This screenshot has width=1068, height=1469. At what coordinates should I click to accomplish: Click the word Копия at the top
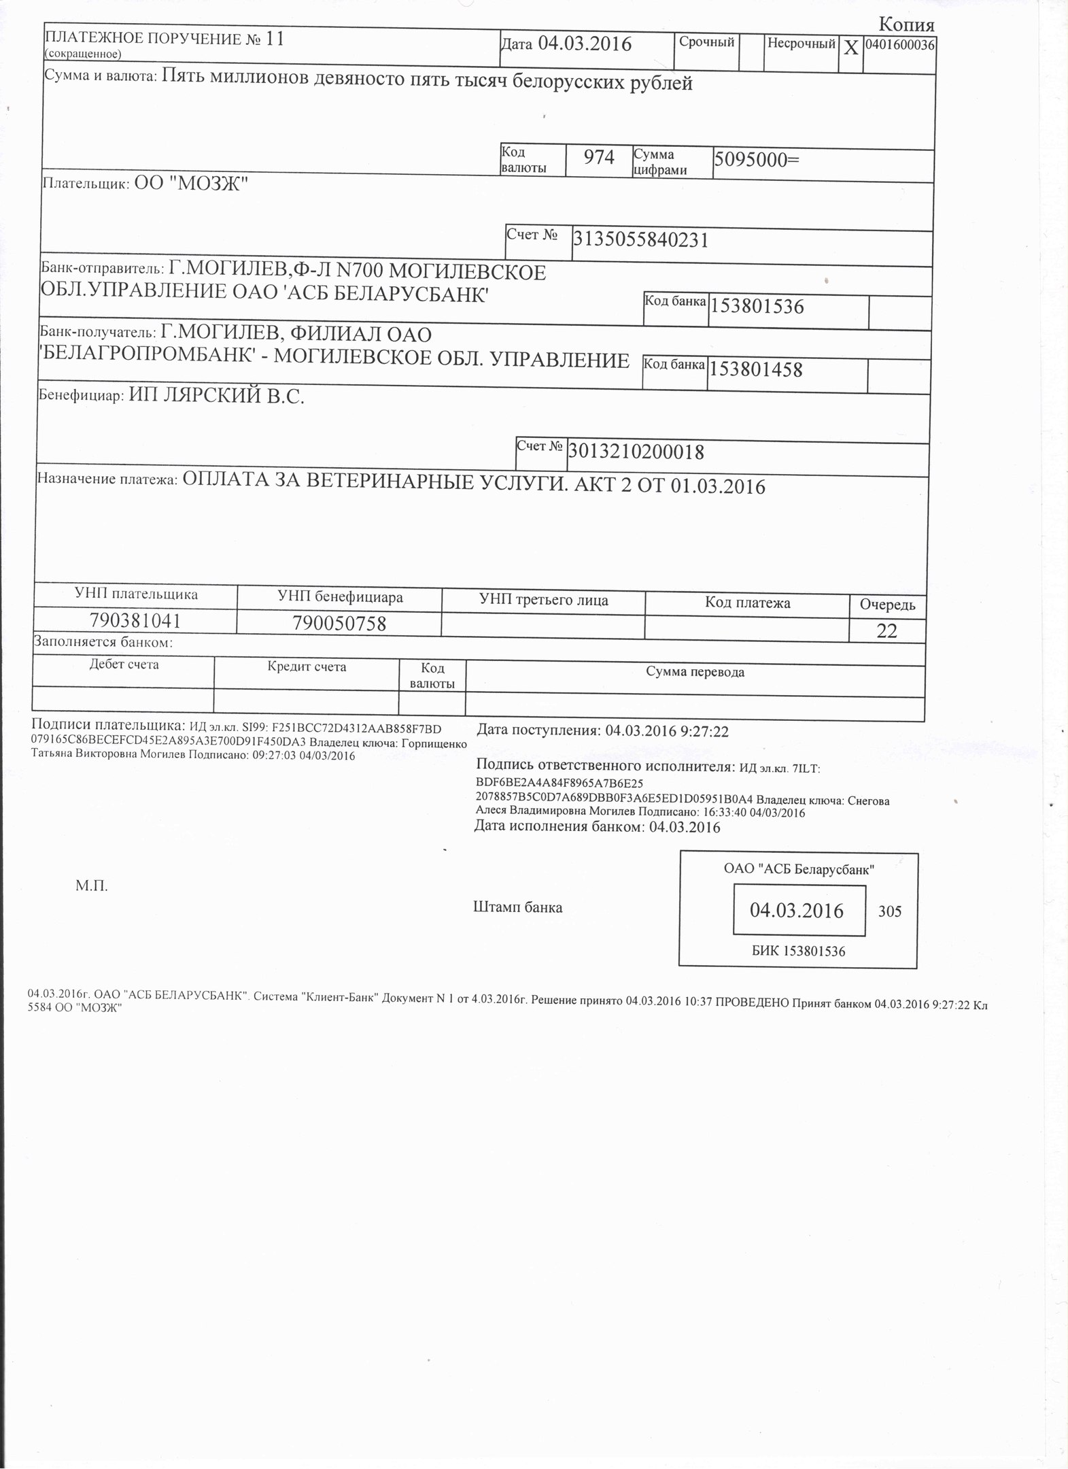tap(906, 25)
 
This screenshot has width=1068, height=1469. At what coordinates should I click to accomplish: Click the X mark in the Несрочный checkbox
tap(850, 48)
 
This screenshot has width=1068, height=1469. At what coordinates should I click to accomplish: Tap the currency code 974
tap(599, 158)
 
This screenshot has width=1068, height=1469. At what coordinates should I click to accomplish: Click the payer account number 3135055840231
tap(642, 239)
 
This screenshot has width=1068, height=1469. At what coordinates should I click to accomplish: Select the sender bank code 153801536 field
tap(757, 307)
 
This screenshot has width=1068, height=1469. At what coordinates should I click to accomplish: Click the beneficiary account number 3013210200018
tap(636, 452)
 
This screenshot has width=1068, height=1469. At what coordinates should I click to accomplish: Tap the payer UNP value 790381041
tap(135, 620)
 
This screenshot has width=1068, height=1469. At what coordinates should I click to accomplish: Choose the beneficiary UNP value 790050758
tap(339, 623)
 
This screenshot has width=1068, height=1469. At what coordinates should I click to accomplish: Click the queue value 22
tap(887, 631)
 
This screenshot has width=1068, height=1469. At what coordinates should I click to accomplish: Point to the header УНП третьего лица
tap(543, 601)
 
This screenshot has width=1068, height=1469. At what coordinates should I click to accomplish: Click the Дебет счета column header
tap(124, 664)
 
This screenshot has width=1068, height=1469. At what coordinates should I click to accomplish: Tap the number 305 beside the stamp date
tap(890, 911)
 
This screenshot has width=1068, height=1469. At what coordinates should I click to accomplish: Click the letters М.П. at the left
tap(92, 886)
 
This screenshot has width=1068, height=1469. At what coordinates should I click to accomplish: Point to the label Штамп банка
tap(517, 907)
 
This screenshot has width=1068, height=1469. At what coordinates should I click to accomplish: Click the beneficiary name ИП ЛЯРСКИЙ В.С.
tap(217, 396)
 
